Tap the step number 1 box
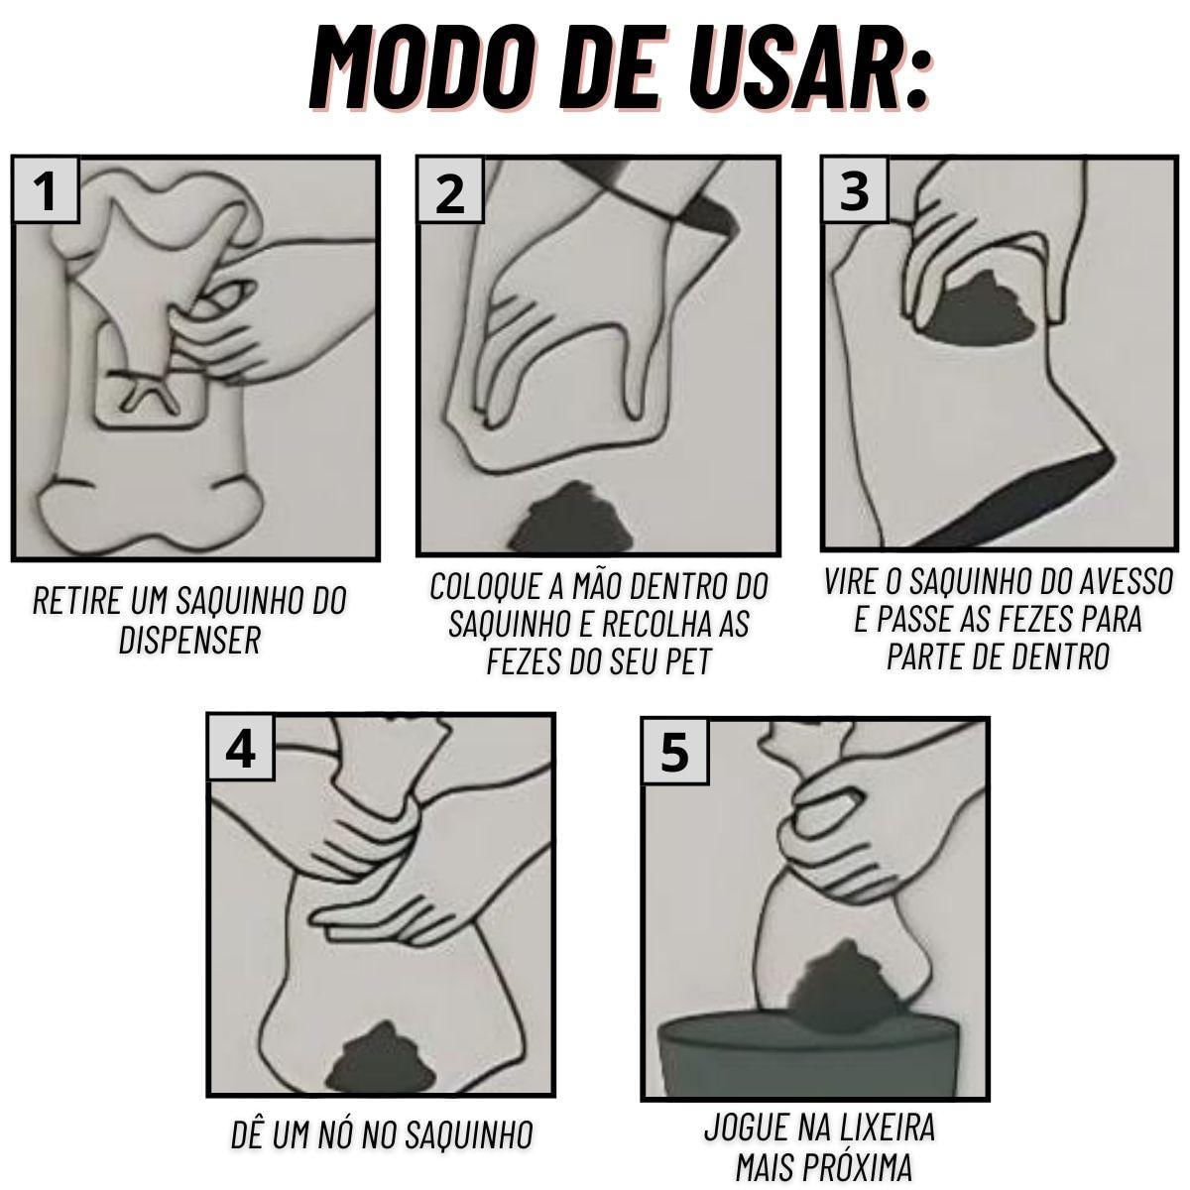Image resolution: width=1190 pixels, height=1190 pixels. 47,189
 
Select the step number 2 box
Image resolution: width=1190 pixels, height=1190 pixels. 449,189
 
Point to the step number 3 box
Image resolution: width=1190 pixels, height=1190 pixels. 855,189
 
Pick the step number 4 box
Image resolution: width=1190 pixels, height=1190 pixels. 240,748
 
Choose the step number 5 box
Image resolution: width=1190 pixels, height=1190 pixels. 674,752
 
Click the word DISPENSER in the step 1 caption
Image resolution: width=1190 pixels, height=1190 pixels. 190,640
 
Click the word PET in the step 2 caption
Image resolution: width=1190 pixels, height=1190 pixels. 688,660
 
